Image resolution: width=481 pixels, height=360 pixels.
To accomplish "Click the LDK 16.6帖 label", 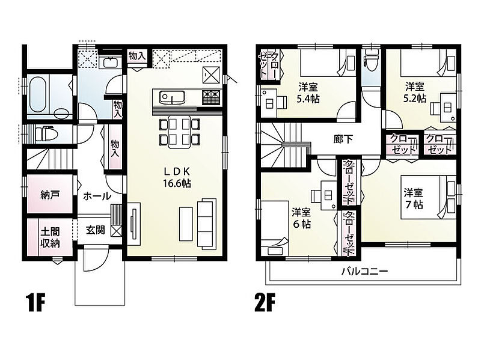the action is tap(177, 177).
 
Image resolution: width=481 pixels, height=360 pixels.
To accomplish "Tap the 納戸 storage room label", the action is tap(50, 195).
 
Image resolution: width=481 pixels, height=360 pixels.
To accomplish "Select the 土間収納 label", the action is tap(50, 237).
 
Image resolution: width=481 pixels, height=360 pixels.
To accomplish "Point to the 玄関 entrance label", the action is tap(95, 230).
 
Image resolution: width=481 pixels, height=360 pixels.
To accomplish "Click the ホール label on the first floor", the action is tap(97, 196).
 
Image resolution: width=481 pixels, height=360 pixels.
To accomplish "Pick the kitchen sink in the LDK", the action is tap(172, 97).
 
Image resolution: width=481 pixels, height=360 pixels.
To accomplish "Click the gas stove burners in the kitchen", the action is tap(212, 97).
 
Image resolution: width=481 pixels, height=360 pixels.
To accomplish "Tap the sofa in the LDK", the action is tap(206, 223).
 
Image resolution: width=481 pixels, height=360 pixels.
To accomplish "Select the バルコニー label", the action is tap(365, 272).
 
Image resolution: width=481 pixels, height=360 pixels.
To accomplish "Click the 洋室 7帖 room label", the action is tap(414, 198).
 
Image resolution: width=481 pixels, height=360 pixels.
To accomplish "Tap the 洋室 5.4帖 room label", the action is tap(308, 93).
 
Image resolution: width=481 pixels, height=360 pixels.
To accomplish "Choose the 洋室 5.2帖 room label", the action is tap(415, 92).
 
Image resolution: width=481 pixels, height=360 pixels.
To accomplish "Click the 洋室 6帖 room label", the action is tap(301, 218).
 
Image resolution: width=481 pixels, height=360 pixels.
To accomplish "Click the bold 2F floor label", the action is tap(265, 303).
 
